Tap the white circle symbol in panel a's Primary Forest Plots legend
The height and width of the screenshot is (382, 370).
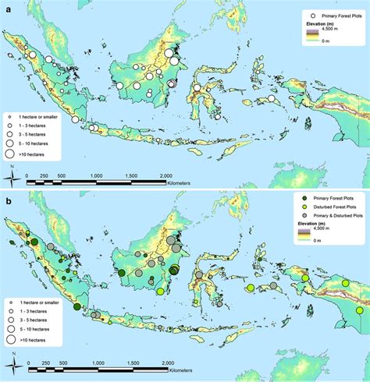(290, 15)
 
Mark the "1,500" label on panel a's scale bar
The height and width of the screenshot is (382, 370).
(129, 177)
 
